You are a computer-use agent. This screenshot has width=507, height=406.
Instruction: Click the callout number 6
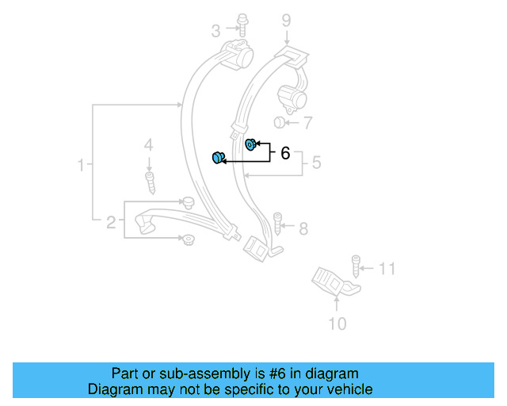click(285, 153)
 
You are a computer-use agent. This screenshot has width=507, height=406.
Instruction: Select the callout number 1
click(80, 165)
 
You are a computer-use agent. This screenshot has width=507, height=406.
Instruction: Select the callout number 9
click(286, 20)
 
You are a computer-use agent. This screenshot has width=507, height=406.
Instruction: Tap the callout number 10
click(337, 324)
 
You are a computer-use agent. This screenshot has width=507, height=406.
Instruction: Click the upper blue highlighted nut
click(250, 144)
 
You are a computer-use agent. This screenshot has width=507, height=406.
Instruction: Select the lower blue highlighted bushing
click(217, 157)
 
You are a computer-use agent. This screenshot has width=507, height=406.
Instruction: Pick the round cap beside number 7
click(279, 122)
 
